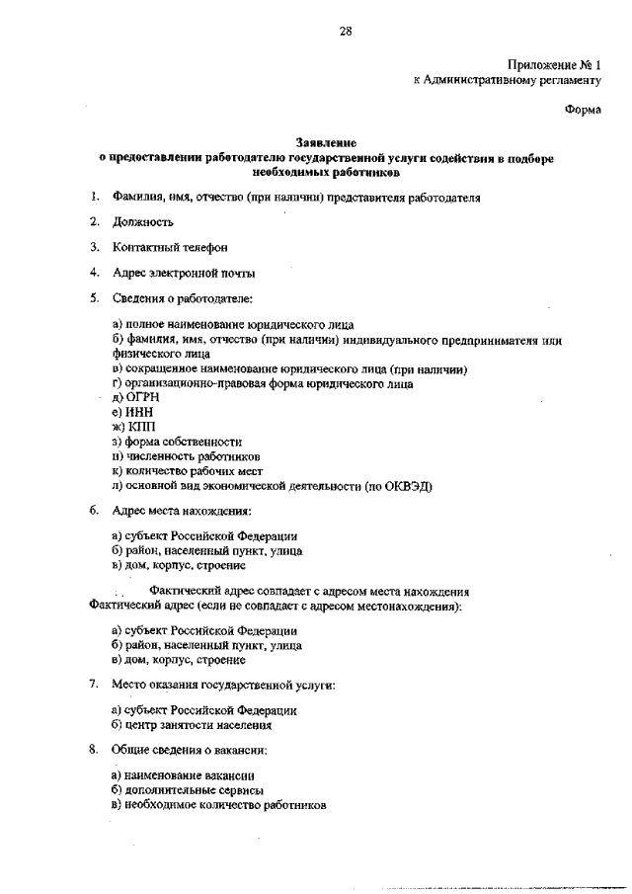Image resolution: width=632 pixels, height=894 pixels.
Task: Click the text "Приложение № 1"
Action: click(x=554, y=63)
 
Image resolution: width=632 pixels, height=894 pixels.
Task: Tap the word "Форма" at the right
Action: click(x=583, y=111)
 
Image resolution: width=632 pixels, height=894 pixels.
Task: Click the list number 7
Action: click(x=93, y=684)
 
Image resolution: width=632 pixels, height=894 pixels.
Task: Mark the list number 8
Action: click(x=93, y=750)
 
